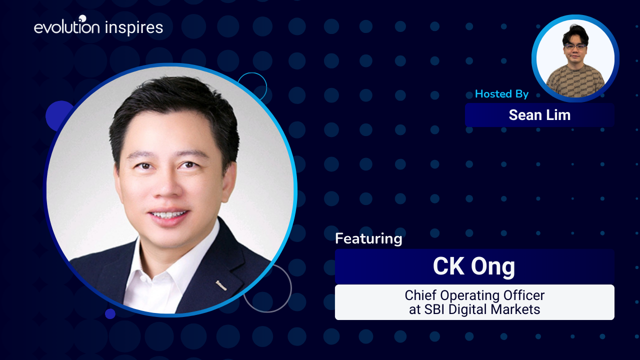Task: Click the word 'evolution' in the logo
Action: [x=66, y=28]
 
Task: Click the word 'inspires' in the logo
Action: [x=134, y=28]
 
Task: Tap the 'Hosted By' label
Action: [x=501, y=94]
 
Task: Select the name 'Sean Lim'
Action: [x=539, y=115]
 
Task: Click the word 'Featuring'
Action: [x=368, y=238]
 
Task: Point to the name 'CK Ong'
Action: [x=474, y=267]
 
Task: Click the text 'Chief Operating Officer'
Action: [x=474, y=295]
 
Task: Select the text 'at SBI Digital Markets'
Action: [x=474, y=309]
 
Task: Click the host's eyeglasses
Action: [x=574, y=46]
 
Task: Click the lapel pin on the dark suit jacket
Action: [x=221, y=285]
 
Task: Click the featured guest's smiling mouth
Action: [x=169, y=215]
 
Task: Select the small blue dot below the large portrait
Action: [x=110, y=313]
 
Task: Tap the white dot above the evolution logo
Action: [x=82, y=18]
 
